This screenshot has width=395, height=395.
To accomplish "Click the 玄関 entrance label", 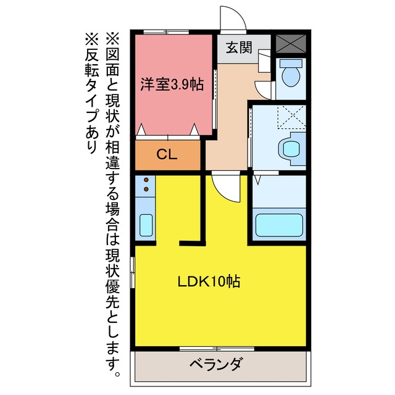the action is pyautogui.click(x=239, y=48).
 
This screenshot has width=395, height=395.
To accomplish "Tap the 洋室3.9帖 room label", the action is pyautogui.click(x=172, y=84).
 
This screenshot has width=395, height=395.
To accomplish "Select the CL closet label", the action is pyautogui.click(x=167, y=154).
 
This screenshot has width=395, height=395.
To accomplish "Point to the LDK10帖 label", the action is pyautogui.click(x=209, y=281).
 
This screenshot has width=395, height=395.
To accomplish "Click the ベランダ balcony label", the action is pyautogui.click(x=217, y=364).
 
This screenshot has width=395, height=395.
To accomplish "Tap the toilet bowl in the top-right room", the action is pyautogui.click(x=291, y=77).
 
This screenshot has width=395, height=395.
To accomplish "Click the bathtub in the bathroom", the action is pyautogui.click(x=279, y=225).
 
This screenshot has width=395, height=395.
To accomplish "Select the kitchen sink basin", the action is pyautogui.click(x=146, y=225).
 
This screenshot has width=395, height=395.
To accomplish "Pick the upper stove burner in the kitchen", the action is pyautogui.click(x=146, y=180).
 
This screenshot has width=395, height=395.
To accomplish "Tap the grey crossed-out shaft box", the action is pyautogui.click(x=291, y=44).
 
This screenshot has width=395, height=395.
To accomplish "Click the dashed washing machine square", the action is pyautogui.click(x=291, y=117).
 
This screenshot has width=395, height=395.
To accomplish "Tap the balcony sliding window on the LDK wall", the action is pyautogui.click(x=217, y=349).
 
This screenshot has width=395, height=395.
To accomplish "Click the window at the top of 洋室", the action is pyautogui.click(x=166, y=32).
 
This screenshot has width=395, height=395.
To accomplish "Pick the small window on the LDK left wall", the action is pyautogui.click(x=133, y=272).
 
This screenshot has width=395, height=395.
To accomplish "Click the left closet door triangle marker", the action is pyautogui.click(x=141, y=130).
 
